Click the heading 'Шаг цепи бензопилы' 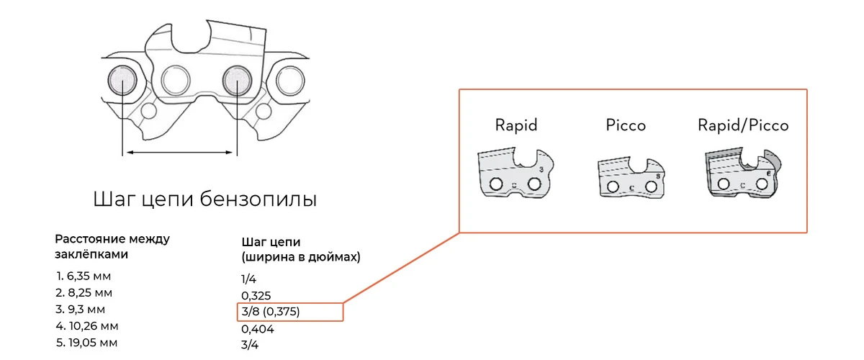click(x=205, y=199)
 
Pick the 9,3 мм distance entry click(x=80, y=310)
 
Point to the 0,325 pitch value click(x=256, y=295)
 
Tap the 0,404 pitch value click(x=258, y=329)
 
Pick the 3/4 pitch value click(x=249, y=344)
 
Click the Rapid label click(x=516, y=125)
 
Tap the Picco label click(x=625, y=125)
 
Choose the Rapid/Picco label click(x=743, y=125)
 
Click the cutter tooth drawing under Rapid click(x=516, y=173)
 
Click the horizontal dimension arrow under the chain click(x=179, y=152)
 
